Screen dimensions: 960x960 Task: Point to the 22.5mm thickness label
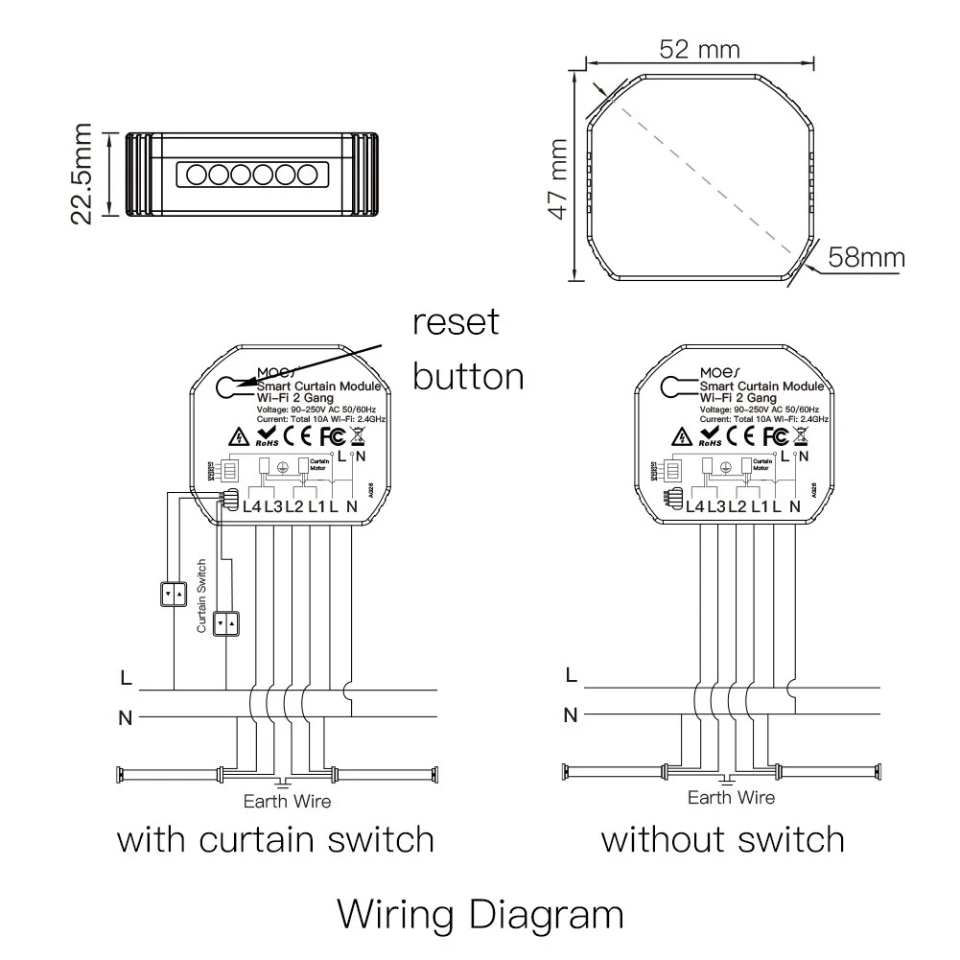(x=83, y=173)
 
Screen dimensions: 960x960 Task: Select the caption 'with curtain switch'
(x=275, y=840)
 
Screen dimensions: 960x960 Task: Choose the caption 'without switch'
(x=722, y=840)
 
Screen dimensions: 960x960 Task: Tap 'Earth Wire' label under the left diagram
(x=287, y=801)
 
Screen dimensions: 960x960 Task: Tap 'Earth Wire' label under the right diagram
(x=732, y=797)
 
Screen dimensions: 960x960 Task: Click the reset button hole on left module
(x=228, y=386)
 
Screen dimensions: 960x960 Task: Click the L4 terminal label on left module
(x=252, y=505)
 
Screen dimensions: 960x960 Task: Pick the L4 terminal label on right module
(x=696, y=505)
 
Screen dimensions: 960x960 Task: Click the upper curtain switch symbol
(x=175, y=595)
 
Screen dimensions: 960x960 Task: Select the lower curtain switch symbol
(x=227, y=623)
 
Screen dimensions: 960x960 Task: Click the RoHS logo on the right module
(x=710, y=438)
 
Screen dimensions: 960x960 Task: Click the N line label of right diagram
(x=571, y=714)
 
